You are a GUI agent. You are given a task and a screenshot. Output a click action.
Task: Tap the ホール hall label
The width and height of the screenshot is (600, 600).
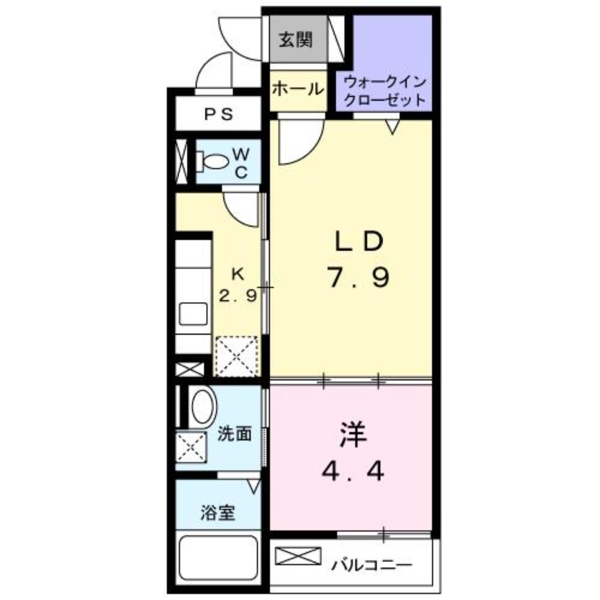point(298,88)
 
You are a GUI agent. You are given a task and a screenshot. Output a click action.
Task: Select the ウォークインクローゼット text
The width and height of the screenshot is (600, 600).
point(385,90)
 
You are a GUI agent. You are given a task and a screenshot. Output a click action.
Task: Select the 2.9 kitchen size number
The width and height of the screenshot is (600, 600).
point(238,295)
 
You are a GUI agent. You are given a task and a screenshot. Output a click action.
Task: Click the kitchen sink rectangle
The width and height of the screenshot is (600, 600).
point(193,313)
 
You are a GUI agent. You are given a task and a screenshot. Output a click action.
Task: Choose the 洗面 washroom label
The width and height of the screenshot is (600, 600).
point(234,433)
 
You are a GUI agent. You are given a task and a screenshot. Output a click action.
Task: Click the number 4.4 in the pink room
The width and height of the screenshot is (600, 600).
point(352,472)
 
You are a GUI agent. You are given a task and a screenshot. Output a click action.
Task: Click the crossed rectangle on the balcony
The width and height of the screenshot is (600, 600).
point(298,558)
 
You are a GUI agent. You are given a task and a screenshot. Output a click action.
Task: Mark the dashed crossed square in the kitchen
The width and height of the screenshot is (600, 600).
point(235,355)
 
